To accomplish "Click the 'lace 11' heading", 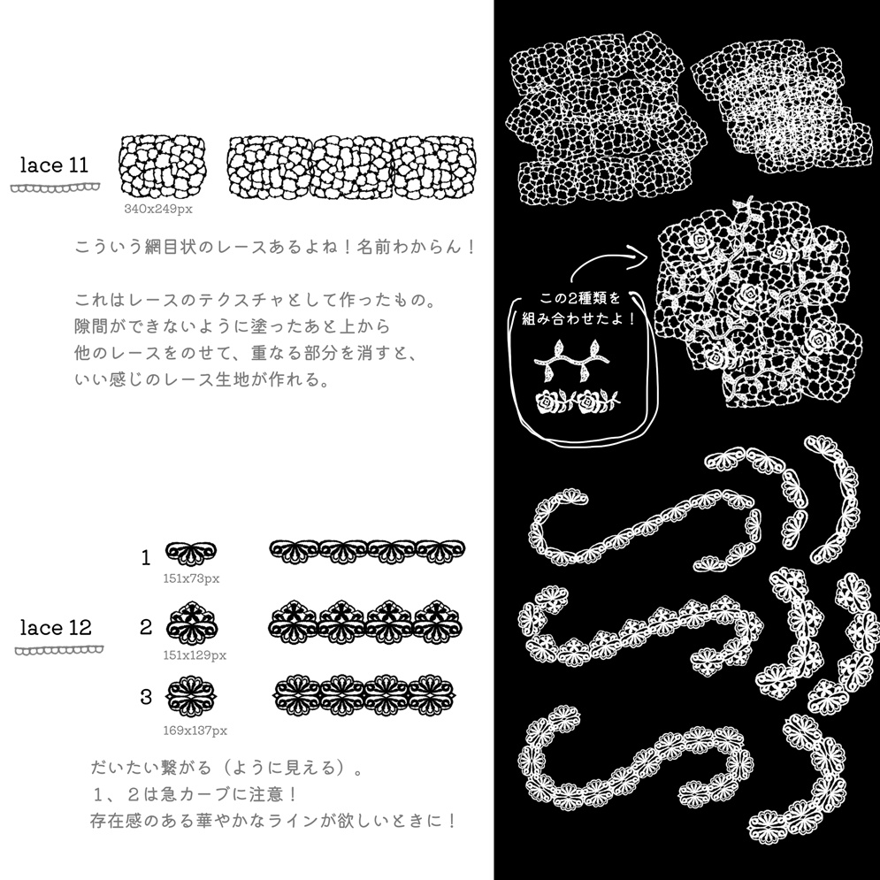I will point(55,165).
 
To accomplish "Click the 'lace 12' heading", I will point(56,628).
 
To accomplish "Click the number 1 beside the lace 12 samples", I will point(146,558).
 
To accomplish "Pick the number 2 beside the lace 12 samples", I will point(146,628).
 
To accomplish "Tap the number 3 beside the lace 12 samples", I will point(146,697).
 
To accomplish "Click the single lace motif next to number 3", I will point(192,695).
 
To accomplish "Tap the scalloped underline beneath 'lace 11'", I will point(55,187).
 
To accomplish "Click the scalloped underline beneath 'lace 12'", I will point(59,650).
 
